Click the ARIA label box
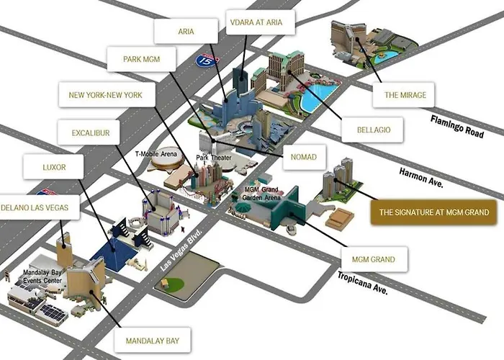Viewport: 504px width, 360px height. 186,31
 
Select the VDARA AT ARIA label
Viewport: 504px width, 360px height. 261,22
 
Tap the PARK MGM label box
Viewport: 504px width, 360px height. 141,59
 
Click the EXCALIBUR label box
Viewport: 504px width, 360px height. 89,132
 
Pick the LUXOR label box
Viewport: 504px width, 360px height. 53,167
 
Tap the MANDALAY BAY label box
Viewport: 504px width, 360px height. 153,341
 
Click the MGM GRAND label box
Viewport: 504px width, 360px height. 374,259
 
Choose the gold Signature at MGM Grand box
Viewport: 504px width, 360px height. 433,212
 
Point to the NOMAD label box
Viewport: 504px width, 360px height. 304,157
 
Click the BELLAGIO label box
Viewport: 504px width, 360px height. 372,130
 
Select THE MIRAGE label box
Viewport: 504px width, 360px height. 403,95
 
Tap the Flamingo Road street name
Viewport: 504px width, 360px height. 457,126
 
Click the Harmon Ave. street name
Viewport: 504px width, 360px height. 421,177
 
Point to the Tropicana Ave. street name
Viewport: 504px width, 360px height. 363,283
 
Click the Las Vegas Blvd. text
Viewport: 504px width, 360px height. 181,250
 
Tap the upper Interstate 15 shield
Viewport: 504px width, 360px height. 207,60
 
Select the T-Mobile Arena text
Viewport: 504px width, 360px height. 156,154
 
